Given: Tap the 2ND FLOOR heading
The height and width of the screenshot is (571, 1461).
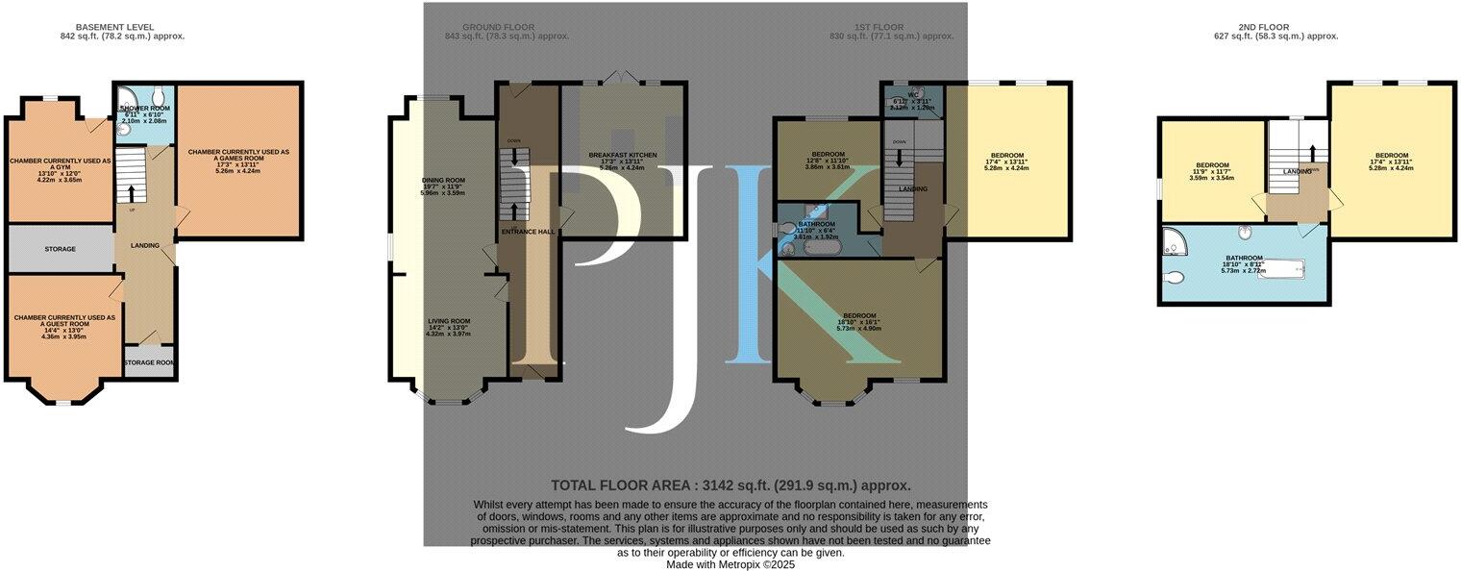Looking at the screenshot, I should [1275, 27].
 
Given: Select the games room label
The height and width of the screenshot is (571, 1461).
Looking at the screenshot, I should [238, 158].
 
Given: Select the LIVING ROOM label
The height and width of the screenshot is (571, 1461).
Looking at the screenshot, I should [449, 327].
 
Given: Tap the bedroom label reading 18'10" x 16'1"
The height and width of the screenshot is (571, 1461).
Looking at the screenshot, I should [859, 321].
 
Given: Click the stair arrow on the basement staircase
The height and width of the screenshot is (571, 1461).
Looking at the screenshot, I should [133, 192].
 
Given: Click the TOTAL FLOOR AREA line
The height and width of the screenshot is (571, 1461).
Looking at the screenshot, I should [730, 485].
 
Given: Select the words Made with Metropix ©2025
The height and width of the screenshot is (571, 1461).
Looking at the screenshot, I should [730, 565].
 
